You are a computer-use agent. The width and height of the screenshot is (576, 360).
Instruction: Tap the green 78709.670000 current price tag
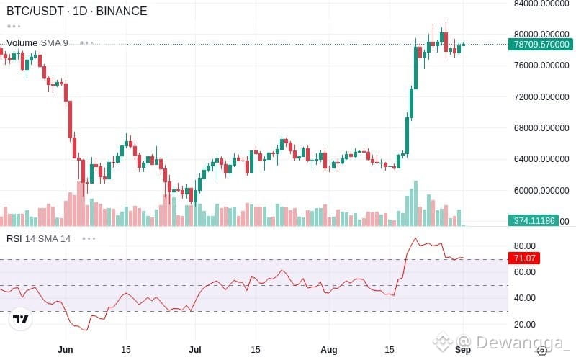(541, 45)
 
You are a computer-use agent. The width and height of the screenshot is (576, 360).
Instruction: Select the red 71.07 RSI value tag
(524, 258)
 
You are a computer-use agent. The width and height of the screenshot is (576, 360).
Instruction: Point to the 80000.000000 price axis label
(541, 34)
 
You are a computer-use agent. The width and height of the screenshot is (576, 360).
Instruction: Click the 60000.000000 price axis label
(541, 190)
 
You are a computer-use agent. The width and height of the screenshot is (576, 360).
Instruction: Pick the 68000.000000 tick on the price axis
(541, 128)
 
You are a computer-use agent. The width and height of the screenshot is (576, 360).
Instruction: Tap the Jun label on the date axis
(66, 349)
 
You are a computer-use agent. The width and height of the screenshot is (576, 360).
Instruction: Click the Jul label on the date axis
(194, 349)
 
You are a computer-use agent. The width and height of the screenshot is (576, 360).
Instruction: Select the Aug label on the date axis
(329, 349)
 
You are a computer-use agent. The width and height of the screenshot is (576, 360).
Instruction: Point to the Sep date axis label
(463, 349)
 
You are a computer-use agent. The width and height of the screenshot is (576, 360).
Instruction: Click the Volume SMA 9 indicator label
(37, 43)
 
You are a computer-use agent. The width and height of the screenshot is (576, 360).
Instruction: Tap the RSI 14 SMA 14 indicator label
(39, 239)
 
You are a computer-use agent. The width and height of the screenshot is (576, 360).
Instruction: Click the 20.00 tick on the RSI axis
(525, 325)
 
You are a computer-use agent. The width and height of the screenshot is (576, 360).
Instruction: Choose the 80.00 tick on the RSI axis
(525, 246)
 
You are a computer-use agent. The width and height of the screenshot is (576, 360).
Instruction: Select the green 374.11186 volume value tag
(534, 220)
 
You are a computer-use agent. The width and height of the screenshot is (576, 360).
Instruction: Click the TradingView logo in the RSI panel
(21, 319)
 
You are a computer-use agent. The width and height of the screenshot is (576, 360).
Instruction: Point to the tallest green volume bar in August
(416, 204)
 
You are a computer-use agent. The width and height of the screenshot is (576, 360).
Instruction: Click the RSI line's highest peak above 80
(415, 238)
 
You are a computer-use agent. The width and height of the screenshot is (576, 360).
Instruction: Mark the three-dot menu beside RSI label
(89, 239)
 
